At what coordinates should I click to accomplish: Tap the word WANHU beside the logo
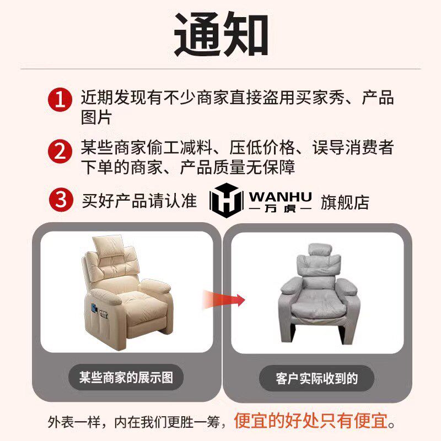click(x=280, y=196)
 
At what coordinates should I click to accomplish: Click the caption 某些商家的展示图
click(x=126, y=378)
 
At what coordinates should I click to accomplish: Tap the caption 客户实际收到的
click(x=317, y=379)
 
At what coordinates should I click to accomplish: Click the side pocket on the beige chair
click(x=104, y=319)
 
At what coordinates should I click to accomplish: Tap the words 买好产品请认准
click(x=139, y=201)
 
